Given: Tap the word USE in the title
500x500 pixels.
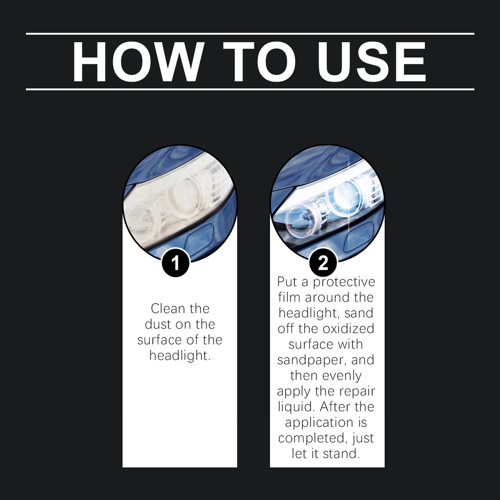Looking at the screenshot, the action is (372, 62).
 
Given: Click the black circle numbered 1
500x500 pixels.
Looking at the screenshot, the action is (176, 263).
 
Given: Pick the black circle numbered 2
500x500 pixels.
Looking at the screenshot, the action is (323, 263).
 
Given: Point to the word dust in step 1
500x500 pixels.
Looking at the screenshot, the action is (158, 324).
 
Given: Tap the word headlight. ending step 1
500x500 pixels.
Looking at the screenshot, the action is (180, 355).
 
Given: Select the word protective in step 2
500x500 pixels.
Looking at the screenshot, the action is (344, 282).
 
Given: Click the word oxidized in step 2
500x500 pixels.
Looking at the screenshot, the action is (348, 329).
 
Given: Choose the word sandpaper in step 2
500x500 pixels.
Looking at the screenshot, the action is (312, 360).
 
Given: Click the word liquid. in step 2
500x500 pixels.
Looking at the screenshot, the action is (297, 407).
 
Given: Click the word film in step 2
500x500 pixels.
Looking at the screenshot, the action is (290, 297).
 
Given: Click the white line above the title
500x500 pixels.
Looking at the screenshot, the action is (250, 34).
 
